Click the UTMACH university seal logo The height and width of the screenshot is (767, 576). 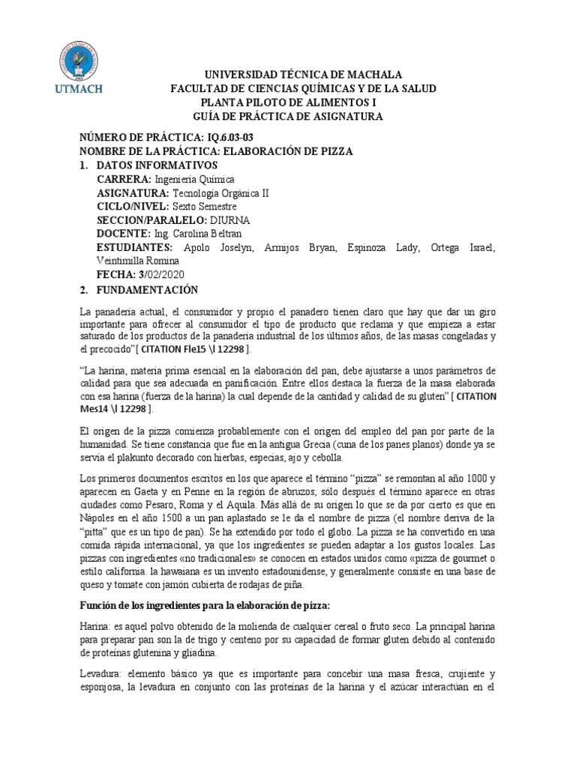(84, 59)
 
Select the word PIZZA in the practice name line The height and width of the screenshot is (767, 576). (333, 151)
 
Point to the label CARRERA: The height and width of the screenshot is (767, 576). (124, 179)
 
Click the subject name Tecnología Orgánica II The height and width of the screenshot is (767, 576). (221, 192)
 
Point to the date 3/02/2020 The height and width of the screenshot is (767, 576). (160, 275)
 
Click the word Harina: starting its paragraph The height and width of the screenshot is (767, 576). (94, 625)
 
